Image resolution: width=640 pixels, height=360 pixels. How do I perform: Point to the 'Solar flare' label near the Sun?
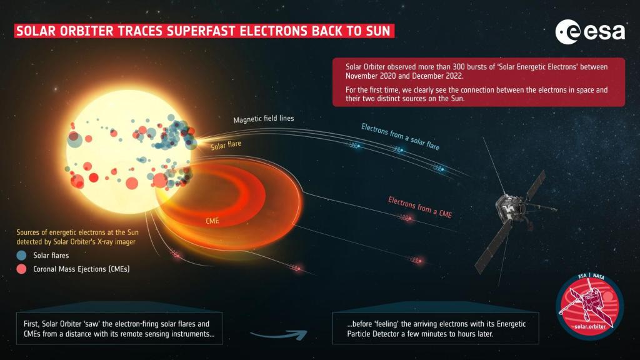[x=226, y=146]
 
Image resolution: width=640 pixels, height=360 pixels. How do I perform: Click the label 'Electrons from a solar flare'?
[x=400, y=136]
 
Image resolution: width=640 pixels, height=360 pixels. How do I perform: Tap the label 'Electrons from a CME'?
[x=419, y=206]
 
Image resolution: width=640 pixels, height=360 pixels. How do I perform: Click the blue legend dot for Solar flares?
[x=22, y=256]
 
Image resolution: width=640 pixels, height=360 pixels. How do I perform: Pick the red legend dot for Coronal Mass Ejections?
[x=22, y=269]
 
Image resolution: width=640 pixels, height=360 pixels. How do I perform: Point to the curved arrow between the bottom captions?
[x=278, y=334]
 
